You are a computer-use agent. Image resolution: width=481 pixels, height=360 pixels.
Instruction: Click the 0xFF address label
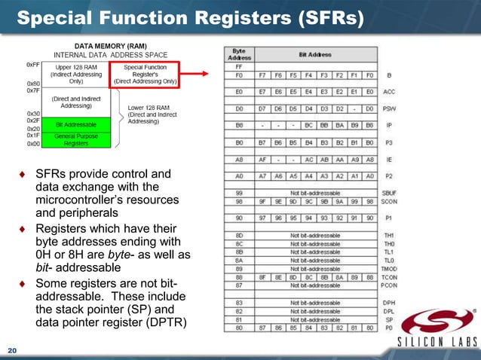click(32, 66)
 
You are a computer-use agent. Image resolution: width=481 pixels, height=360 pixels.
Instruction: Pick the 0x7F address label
click(32, 91)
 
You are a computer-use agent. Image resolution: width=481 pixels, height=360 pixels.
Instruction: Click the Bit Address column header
click(314, 53)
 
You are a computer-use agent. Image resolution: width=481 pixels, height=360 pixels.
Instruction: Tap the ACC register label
click(390, 92)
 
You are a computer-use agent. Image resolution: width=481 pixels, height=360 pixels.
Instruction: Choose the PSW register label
click(390, 108)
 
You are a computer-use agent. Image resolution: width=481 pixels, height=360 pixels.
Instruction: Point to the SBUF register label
click(390, 194)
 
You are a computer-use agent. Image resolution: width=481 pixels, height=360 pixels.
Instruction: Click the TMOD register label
click(390, 269)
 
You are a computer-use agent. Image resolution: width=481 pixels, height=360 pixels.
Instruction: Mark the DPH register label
click(390, 302)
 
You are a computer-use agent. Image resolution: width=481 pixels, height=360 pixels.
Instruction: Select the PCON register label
click(390, 286)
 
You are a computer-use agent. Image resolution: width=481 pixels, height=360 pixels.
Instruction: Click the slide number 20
click(12, 351)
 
